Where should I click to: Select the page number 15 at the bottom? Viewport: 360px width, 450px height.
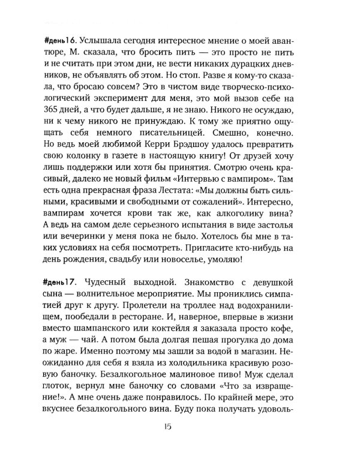pos(179,428)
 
